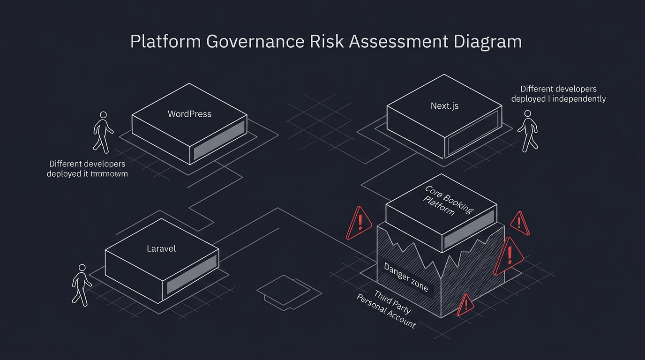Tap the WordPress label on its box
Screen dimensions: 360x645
(189, 114)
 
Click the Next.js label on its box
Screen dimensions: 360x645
(444, 106)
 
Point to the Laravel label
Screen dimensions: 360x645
(161, 248)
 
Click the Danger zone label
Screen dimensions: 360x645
(406, 277)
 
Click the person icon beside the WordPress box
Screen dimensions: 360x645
(103, 132)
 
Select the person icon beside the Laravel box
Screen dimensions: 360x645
(81, 285)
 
